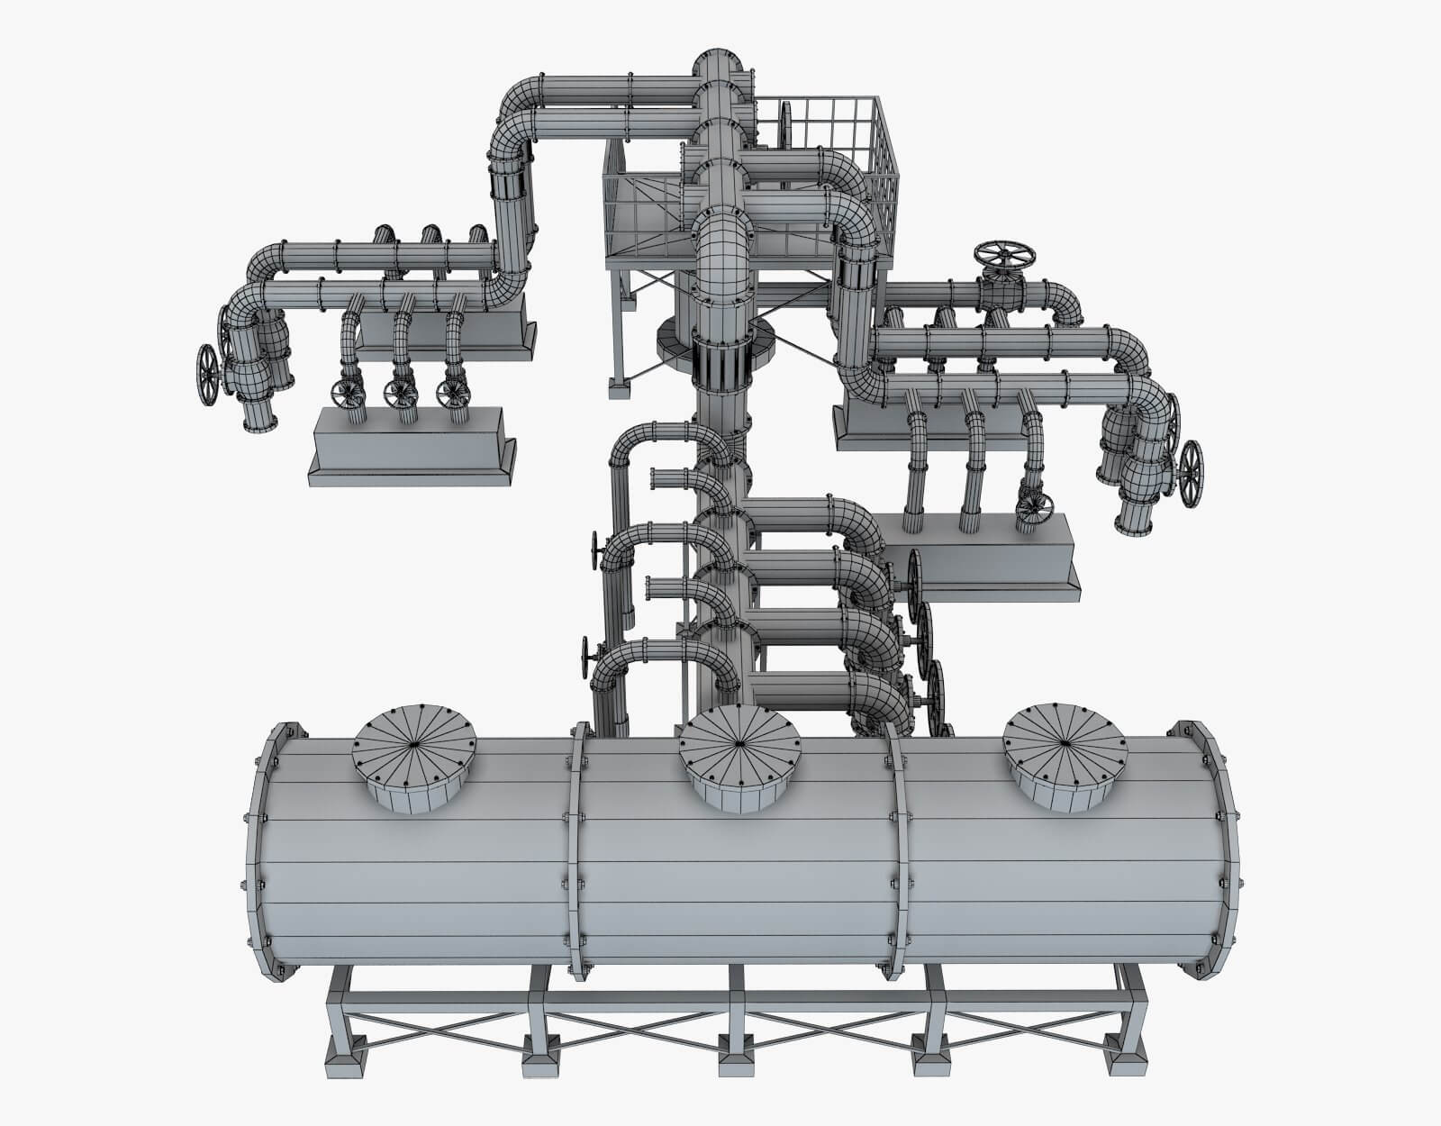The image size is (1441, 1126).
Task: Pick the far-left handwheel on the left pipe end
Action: (208, 375)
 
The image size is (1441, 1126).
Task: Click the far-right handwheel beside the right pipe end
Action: (1192, 472)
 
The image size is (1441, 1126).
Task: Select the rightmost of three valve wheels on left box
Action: (452, 393)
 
